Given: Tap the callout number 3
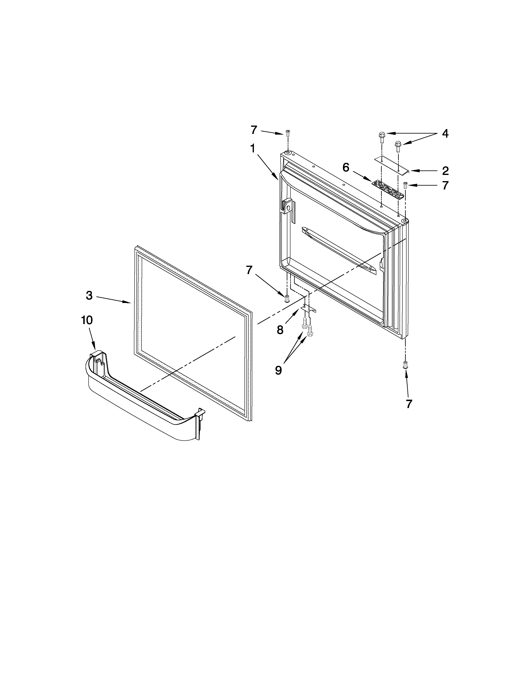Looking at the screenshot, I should pyautogui.click(x=89, y=296).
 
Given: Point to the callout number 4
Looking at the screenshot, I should pyautogui.click(x=445, y=134).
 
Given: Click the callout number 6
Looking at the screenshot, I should pyautogui.click(x=346, y=168).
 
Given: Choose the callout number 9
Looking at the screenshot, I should pyautogui.click(x=278, y=370).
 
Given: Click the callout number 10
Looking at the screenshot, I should pyautogui.click(x=87, y=320).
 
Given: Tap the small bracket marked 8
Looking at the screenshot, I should pyautogui.click(x=308, y=308).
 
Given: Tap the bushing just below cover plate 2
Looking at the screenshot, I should pyautogui.click(x=405, y=185).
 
